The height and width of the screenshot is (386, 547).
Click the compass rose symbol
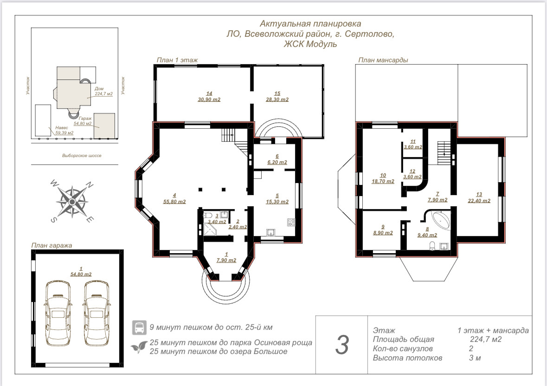(72, 202)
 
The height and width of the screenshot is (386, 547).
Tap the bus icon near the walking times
(139, 327)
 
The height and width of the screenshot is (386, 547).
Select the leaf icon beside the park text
(139, 347)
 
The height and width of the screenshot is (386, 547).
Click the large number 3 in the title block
(342, 345)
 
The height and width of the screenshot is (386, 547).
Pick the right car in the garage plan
(97, 312)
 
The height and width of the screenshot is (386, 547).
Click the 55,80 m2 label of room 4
(174, 202)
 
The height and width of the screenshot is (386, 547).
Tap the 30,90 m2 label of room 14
(209, 99)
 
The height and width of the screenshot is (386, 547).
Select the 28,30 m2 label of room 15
(277, 99)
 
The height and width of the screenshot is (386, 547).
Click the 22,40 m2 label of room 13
(479, 201)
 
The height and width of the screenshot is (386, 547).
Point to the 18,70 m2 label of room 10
(383, 181)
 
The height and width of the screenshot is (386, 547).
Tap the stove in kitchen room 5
(291, 222)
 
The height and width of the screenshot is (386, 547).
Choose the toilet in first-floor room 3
(207, 215)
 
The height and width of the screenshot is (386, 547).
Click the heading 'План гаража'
(51, 245)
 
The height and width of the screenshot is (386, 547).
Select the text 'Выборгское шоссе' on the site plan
(82, 156)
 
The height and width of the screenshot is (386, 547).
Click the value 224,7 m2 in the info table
(486, 339)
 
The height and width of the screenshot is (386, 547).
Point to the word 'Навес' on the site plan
(62, 128)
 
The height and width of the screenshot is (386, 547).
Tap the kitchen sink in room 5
(271, 232)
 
